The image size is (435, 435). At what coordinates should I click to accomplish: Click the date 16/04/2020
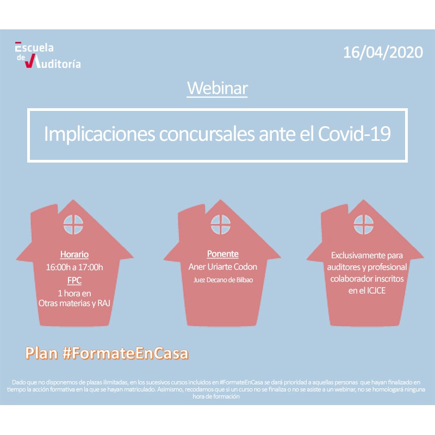coord(383,52)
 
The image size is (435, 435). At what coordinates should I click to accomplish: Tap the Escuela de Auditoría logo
coord(48,55)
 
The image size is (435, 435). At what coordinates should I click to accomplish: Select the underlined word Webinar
coord(217,88)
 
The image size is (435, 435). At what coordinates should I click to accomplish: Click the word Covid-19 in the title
coord(355,134)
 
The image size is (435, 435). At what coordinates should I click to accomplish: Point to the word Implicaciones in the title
coord(100,134)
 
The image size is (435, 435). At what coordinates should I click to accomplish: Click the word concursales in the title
coord(207,134)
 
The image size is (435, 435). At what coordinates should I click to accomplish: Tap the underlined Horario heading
coord(74,254)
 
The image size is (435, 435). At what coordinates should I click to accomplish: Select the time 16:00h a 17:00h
coord(74,267)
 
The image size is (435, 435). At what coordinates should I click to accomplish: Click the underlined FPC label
coord(74,280)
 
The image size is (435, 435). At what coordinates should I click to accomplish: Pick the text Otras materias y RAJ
coord(74,303)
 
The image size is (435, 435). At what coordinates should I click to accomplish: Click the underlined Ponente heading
coord(223,254)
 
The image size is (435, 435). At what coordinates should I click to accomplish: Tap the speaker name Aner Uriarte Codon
coord(223,266)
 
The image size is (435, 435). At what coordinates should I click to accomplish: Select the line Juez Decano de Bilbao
coord(223,280)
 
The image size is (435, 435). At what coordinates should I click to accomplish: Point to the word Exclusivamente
coord(355,255)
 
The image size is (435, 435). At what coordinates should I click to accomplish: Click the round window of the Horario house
coord(73,225)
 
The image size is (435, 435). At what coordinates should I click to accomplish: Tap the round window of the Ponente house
coord(221,225)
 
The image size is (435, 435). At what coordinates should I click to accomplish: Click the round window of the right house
coord(364,225)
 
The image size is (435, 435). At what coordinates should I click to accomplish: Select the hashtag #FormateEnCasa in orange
coord(126,353)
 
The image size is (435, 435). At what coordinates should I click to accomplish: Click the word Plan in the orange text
coord(42,353)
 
